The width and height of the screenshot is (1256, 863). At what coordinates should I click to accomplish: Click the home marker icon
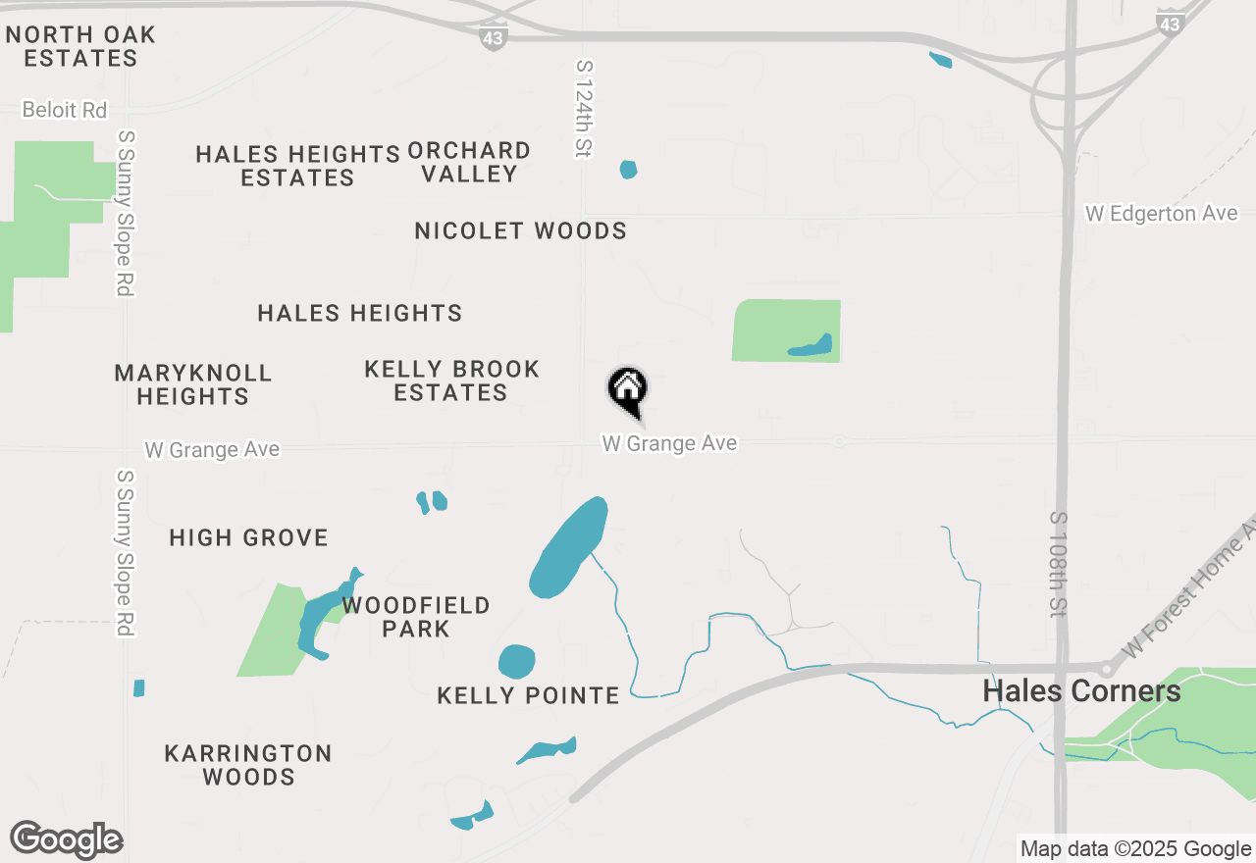628,389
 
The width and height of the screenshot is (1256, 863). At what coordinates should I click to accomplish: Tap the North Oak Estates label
80,46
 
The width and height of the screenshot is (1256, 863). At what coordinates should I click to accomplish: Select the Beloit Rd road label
65,110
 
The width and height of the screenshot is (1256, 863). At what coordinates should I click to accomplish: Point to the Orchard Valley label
469,162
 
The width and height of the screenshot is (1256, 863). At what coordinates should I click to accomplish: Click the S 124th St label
585,108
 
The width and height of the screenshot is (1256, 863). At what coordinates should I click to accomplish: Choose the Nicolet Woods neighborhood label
520,231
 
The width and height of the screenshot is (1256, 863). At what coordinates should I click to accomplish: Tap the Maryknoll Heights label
193,384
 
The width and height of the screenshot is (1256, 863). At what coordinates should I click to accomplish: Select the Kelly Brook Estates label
451,381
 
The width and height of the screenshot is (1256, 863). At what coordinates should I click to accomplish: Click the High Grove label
248,537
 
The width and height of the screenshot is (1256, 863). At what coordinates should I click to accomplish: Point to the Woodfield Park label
416,617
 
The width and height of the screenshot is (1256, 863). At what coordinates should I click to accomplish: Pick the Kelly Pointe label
528,696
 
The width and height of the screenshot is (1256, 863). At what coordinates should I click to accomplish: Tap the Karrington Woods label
248,765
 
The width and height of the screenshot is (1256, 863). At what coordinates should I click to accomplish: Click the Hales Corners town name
1081,691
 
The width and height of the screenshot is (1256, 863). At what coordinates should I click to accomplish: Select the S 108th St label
1057,564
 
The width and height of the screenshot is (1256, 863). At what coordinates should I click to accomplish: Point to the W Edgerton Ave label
1161,214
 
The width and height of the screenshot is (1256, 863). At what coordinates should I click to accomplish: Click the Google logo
67,840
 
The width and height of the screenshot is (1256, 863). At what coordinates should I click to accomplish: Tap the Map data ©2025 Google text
1135,849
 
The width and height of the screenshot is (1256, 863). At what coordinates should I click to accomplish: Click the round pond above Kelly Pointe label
516,662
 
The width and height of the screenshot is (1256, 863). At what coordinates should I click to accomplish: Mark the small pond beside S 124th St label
628,170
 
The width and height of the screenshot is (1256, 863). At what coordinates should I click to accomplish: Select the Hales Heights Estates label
297,166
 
